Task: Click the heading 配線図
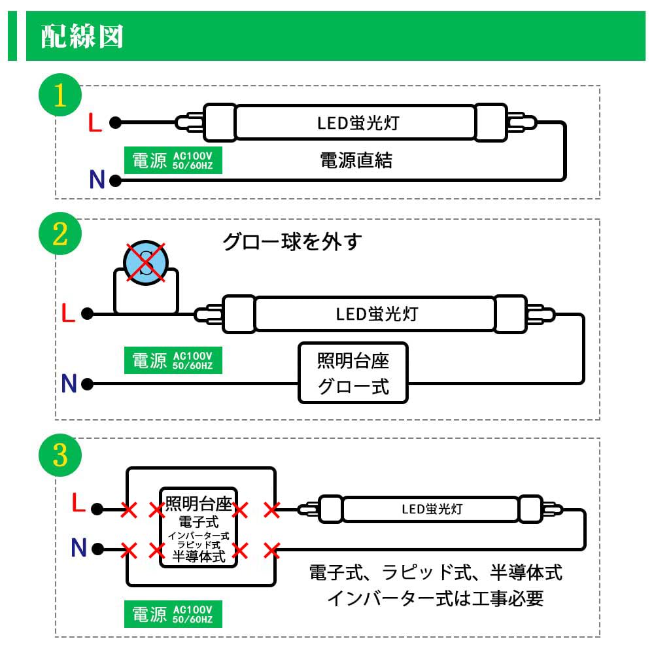(x=82, y=37)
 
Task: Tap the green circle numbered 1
(x=60, y=95)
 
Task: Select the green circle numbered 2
(x=60, y=235)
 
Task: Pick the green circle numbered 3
(x=60, y=455)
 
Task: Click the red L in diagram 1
(x=95, y=123)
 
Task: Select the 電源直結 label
(x=356, y=160)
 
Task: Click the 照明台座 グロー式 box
(x=353, y=373)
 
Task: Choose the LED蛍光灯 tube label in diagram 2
(x=376, y=314)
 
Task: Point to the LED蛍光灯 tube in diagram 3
(x=432, y=508)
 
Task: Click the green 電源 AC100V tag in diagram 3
(x=173, y=614)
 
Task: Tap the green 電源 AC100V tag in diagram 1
(x=173, y=160)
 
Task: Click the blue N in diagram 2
(x=69, y=384)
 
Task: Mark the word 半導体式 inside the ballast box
(x=198, y=557)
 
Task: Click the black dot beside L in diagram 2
(x=88, y=315)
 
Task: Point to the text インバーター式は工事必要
(x=435, y=598)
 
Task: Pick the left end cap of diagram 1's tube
(x=219, y=122)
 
